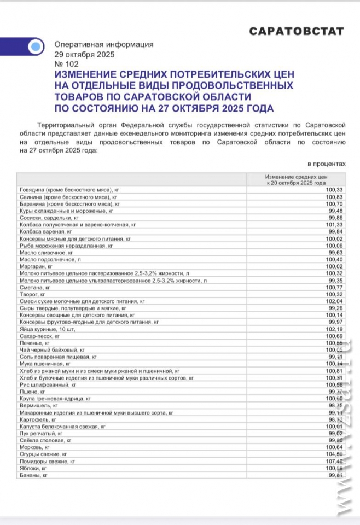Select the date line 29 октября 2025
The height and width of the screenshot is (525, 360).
(x=82, y=55)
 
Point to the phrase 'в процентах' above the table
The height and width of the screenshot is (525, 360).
(x=327, y=163)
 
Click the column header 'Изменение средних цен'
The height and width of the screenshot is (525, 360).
(x=296, y=178)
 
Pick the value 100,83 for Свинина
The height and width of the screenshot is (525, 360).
(x=334, y=196)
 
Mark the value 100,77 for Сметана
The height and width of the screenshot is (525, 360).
(x=334, y=287)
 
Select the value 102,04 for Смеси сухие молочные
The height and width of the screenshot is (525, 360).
(x=334, y=301)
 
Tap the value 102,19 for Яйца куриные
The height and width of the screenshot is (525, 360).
(x=334, y=329)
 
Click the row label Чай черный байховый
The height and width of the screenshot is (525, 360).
(x=52, y=349)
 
